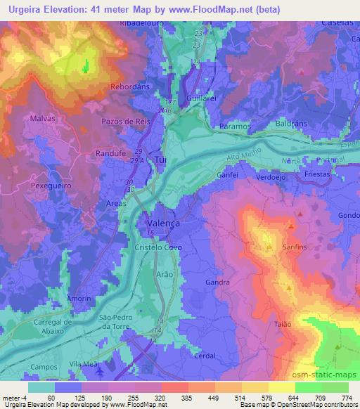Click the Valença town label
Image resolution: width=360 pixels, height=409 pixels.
click(163, 222)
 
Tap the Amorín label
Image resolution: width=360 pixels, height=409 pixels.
click(79, 299)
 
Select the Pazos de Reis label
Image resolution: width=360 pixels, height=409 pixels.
click(127, 122)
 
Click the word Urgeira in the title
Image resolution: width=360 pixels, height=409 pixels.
click(27, 10)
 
